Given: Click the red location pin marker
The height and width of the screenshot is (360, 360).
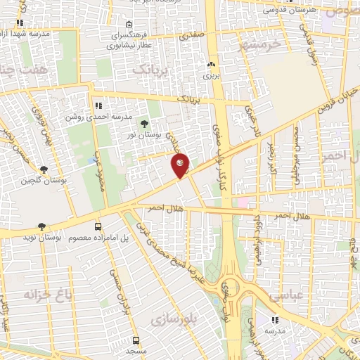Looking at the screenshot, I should tap(181, 165).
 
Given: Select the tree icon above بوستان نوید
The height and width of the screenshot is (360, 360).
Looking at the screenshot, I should tap(42, 226).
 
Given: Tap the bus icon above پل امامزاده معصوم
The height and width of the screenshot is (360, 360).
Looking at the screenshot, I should tap(98, 226).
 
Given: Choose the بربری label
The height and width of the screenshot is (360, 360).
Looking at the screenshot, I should tap(212, 74).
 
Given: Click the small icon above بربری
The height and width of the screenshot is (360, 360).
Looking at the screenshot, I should tap(211, 64).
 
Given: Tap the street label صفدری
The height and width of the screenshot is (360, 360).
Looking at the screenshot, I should tap(191, 32).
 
